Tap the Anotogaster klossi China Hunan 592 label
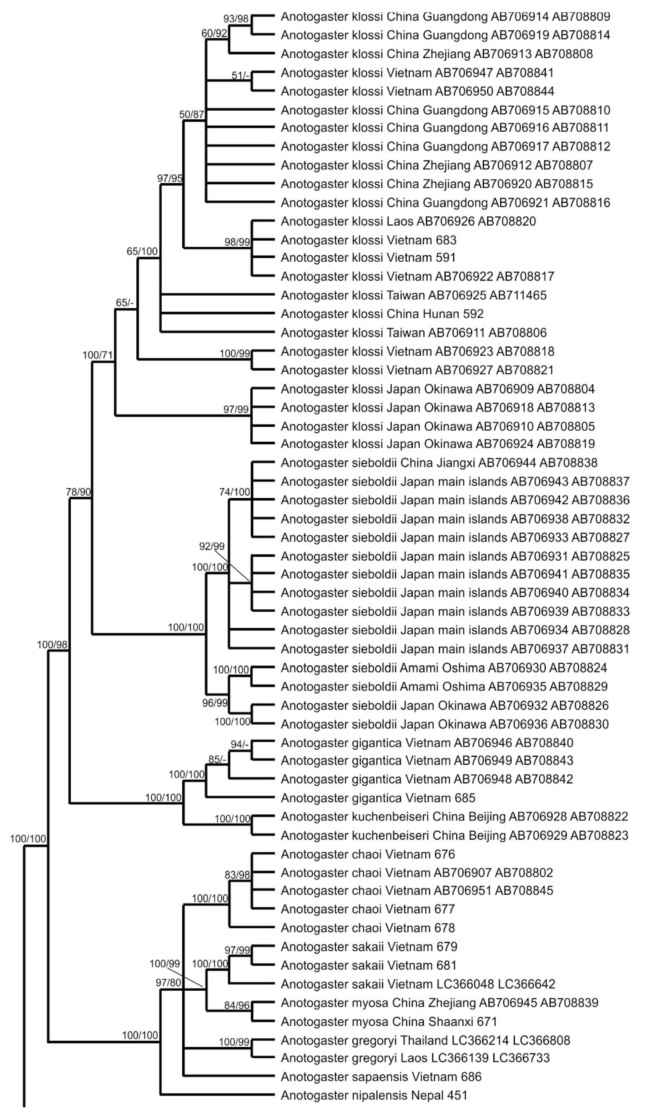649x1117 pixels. (x=382, y=314)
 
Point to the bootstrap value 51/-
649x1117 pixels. (x=241, y=76)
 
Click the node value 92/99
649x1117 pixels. (x=212, y=547)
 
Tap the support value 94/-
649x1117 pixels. (x=240, y=744)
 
